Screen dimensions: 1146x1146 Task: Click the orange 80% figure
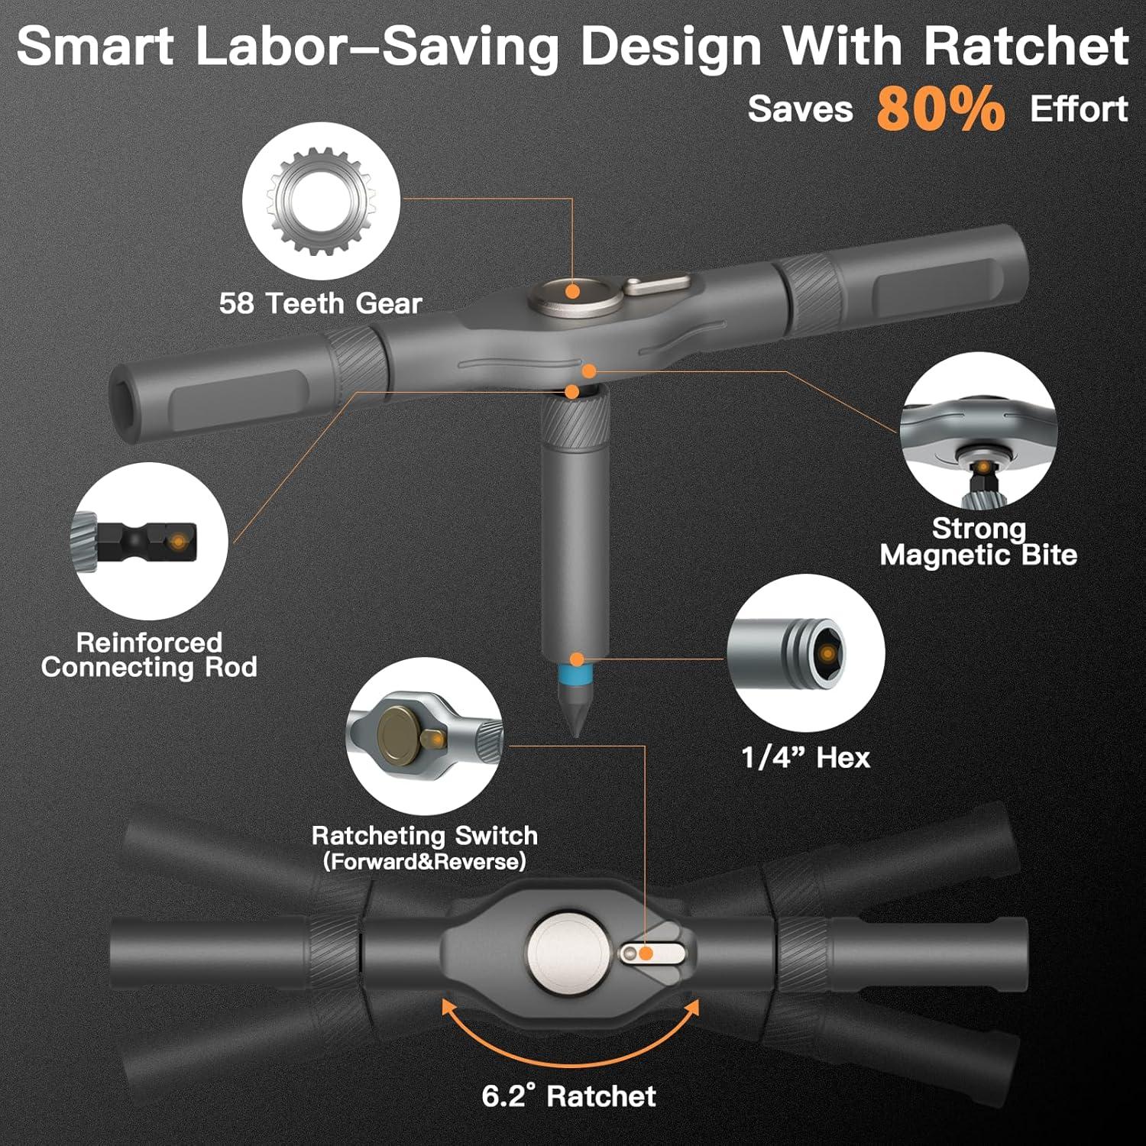tap(940, 108)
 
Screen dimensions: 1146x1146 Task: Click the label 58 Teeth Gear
tap(320, 303)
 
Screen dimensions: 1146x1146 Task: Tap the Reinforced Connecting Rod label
tap(149, 654)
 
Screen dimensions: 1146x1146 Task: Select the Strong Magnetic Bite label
tap(978, 541)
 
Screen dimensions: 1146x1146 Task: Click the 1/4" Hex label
tap(805, 757)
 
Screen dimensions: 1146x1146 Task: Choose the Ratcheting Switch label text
tap(424, 835)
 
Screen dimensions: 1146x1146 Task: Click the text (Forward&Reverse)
tap(424, 861)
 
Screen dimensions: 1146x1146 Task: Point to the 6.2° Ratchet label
tap(568, 1096)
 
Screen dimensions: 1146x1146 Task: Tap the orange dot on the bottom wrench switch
tap(646, 953)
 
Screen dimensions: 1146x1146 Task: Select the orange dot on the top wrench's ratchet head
tap(571, 290)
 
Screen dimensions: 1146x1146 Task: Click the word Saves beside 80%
tap(799, 108)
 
